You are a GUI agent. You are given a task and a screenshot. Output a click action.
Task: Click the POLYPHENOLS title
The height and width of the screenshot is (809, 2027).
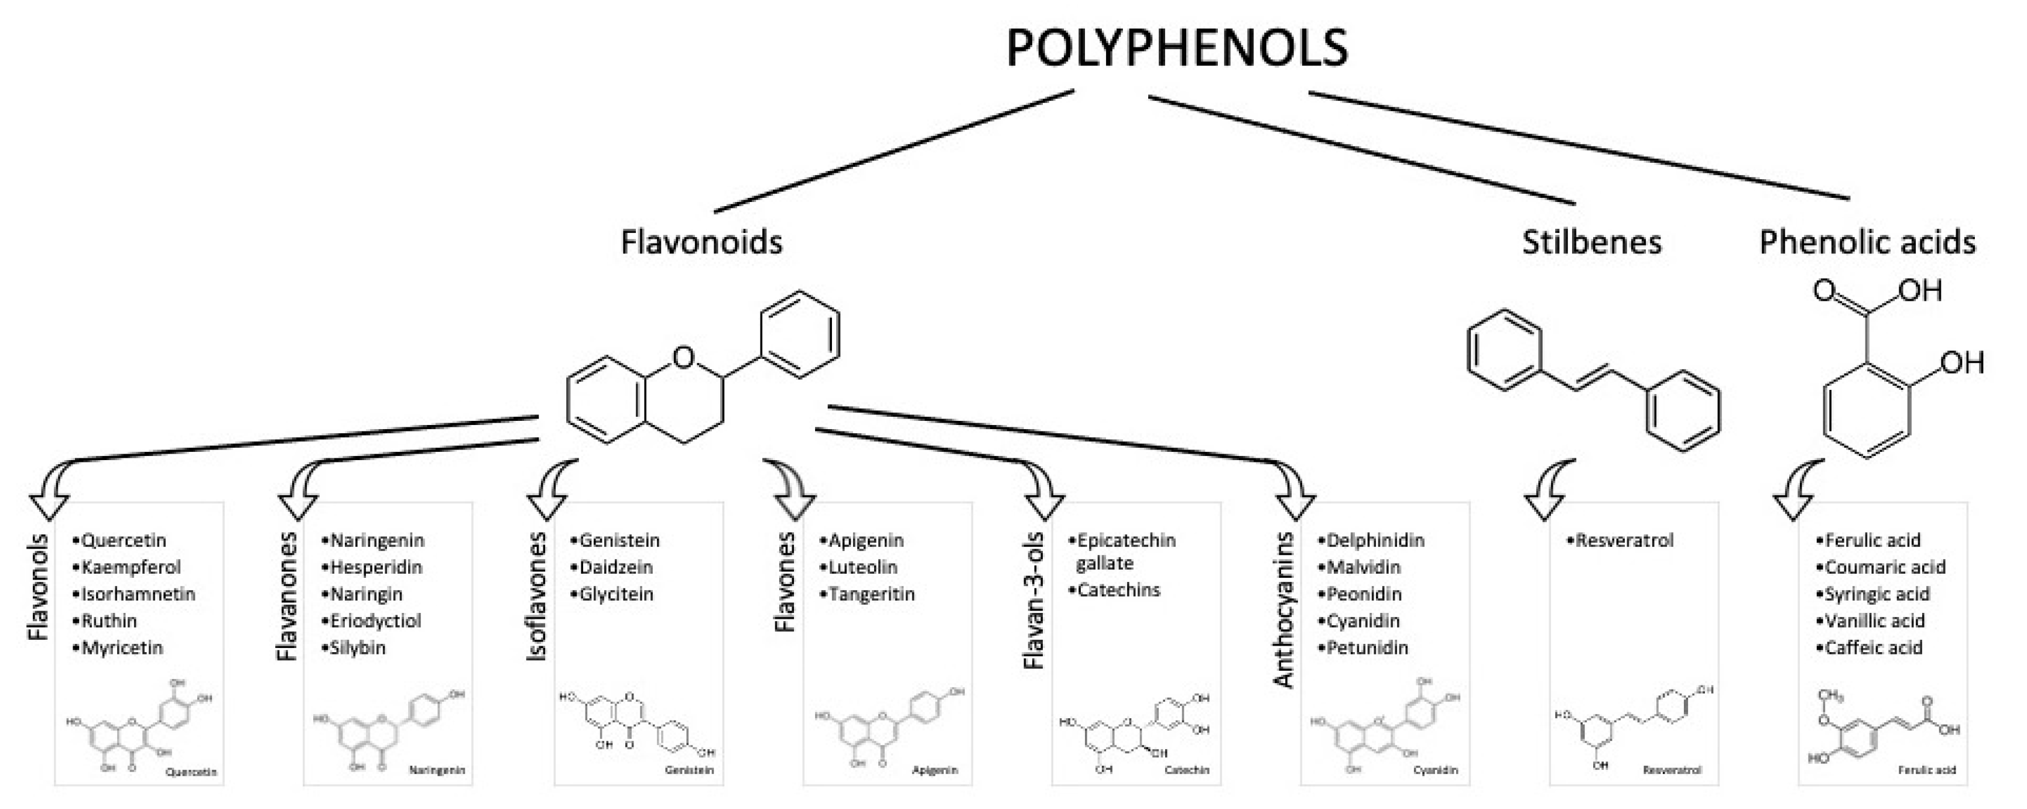[x=1177, y=49]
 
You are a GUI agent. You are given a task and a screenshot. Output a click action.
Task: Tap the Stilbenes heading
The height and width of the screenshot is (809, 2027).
[x=1591, y=242]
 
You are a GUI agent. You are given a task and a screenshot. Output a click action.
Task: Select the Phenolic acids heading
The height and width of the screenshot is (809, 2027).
[x=1867, y=242]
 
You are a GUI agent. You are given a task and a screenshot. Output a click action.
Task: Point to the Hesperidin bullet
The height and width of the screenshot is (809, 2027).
[x=375, y=567]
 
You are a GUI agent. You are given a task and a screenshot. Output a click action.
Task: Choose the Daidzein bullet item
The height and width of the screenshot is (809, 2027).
[x=615, y=567]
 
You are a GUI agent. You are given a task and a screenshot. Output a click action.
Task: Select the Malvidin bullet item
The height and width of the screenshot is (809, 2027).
[x=1363, y=567]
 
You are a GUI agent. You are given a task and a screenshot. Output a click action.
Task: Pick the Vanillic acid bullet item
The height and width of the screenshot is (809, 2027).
[x=1874, y=621]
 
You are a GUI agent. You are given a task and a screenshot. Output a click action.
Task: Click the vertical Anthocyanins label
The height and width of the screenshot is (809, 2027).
[x=1283, y=610]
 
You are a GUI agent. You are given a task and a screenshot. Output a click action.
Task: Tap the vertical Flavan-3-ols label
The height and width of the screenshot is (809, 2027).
[x=1034, y=601]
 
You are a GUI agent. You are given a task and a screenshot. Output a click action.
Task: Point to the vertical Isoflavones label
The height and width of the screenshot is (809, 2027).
[x=537, y=596]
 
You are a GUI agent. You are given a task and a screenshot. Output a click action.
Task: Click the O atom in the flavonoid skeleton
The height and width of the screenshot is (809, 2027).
[x=684, y=358]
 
